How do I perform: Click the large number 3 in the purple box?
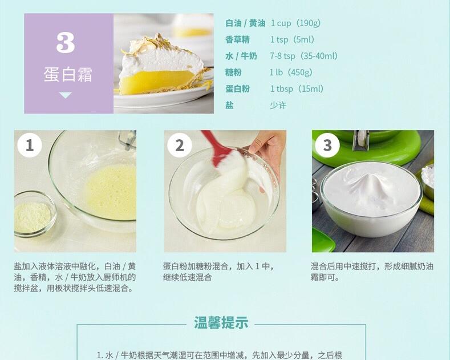(x=66, y=43)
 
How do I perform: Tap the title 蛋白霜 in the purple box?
(x=68, y=75)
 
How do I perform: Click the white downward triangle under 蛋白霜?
(x=66, y=95)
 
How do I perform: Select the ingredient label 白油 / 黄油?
(x=245, y=23)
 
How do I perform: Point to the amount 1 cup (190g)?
(x=295, y=23)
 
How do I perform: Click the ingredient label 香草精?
(x=237, y=40)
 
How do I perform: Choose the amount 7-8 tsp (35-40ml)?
(x=303, y=56)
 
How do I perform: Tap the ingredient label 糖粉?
(x=233, y=72)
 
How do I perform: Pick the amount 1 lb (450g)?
(x=291, y=72)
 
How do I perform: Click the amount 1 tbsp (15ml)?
(x=297, y=89)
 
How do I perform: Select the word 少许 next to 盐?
(x=278, y=106)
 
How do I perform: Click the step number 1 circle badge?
(x=30, y=145)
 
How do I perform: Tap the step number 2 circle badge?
(x=180, y=145)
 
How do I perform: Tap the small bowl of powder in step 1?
(x=33, y=214)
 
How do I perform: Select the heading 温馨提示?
(x=221, y=323)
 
